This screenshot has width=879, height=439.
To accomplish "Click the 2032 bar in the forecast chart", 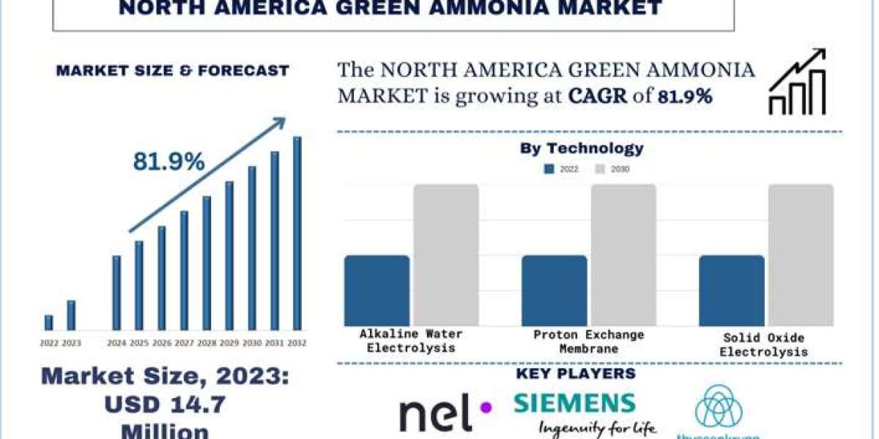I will tap(297, 233).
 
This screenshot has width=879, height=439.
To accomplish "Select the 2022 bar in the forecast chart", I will tap(48, 323).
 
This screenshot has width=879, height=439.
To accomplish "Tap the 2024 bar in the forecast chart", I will tap(116, 293).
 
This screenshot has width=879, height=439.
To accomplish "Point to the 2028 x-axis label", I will tap(207, 342).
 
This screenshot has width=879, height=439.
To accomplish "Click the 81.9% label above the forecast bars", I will tap(168, 162).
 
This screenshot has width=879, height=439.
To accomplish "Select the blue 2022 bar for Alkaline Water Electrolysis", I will tap(377, 290).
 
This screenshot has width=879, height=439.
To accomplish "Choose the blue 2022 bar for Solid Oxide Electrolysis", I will tap(731, 290).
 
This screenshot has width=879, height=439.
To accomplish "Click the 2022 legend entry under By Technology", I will tap(561, 169).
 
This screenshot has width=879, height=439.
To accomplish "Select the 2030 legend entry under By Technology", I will tap(612, 169).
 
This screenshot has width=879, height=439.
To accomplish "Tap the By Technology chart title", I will tap(582, 149).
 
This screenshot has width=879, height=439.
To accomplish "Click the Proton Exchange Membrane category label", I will tap(589, 342).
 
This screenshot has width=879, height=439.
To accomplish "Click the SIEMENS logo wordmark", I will tap(574, 402).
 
